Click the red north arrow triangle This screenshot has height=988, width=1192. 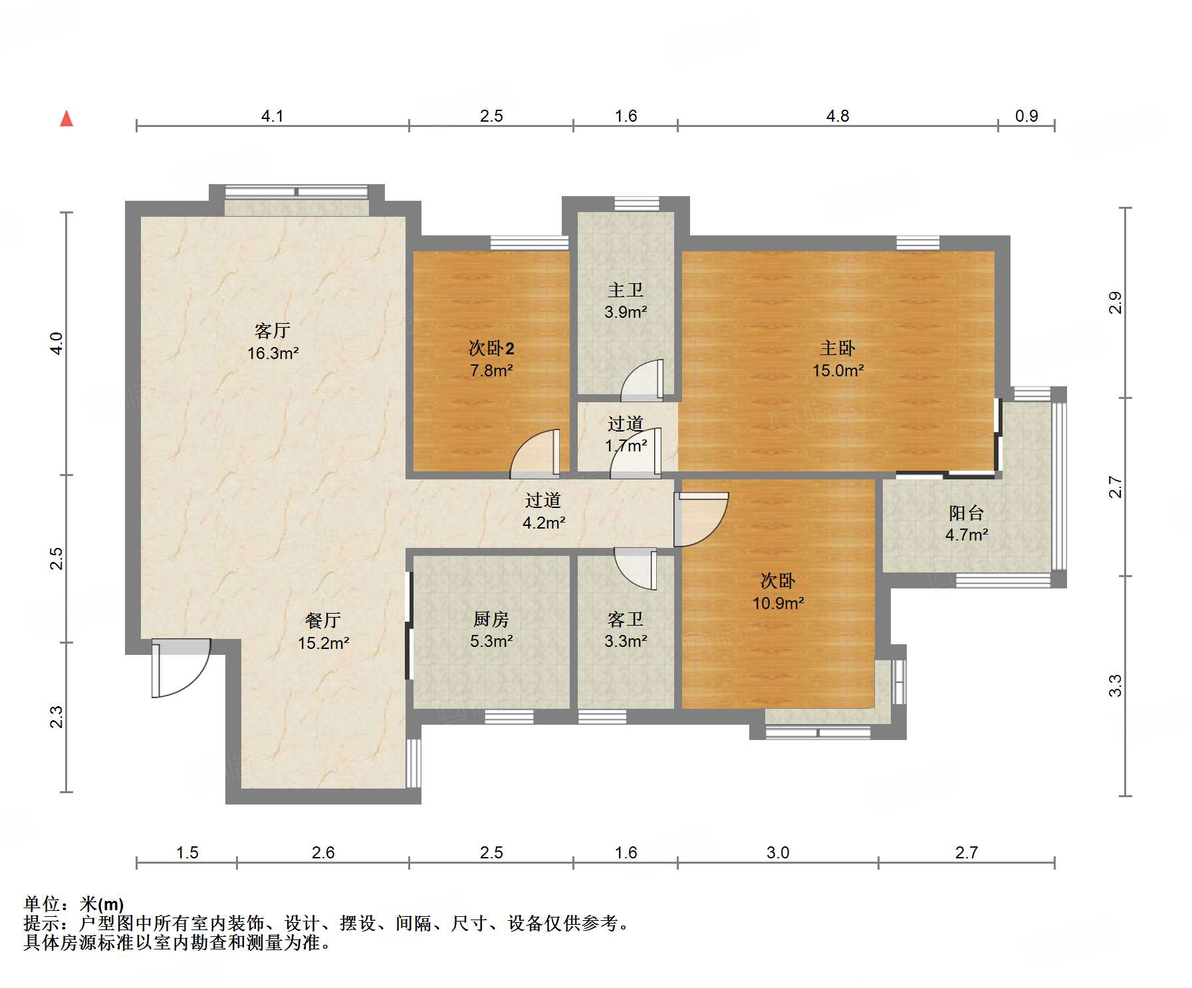(x=66, y=119)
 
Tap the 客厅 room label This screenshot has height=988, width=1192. (x=273, y=330)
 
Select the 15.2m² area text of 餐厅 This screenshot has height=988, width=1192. (x=323, y=643)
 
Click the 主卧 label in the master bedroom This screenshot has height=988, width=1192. (x=837, y=348)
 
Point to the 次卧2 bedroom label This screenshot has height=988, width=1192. (x=491, y=348)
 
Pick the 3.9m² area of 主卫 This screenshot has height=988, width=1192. (x=626, y=312)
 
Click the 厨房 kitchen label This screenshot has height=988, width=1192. (x=491, y=619)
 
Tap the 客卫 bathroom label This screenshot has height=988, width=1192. (x=626, y=619)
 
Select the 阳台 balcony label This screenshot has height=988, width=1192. (x=966, y=513)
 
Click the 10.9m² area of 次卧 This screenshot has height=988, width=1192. (x=778, y=603)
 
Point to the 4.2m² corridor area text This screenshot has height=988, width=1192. (x=544, y=523)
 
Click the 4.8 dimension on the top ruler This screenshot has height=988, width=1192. (x=837, y=116)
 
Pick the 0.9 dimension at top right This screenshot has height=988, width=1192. (x=1026, y=116)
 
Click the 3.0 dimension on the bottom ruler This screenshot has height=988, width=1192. (x=778, y=852)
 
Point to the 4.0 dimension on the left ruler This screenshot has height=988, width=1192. (x=57, y=343)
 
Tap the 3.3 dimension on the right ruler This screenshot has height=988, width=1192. (x=1115, y=685)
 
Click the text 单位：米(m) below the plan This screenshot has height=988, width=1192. (x=74, y=904)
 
